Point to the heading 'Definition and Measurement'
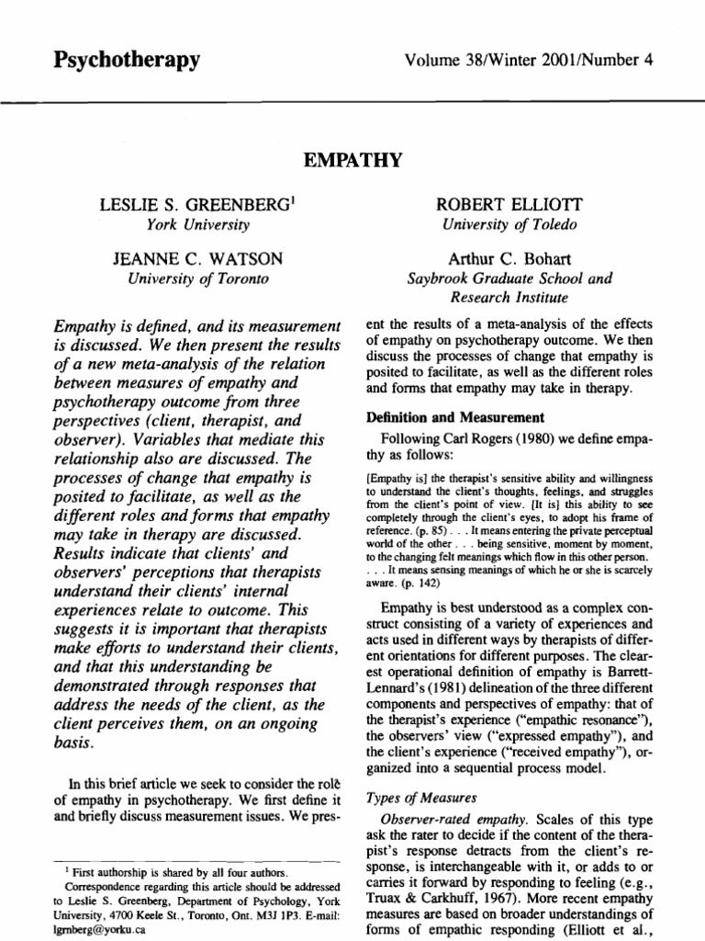click(438, 418)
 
